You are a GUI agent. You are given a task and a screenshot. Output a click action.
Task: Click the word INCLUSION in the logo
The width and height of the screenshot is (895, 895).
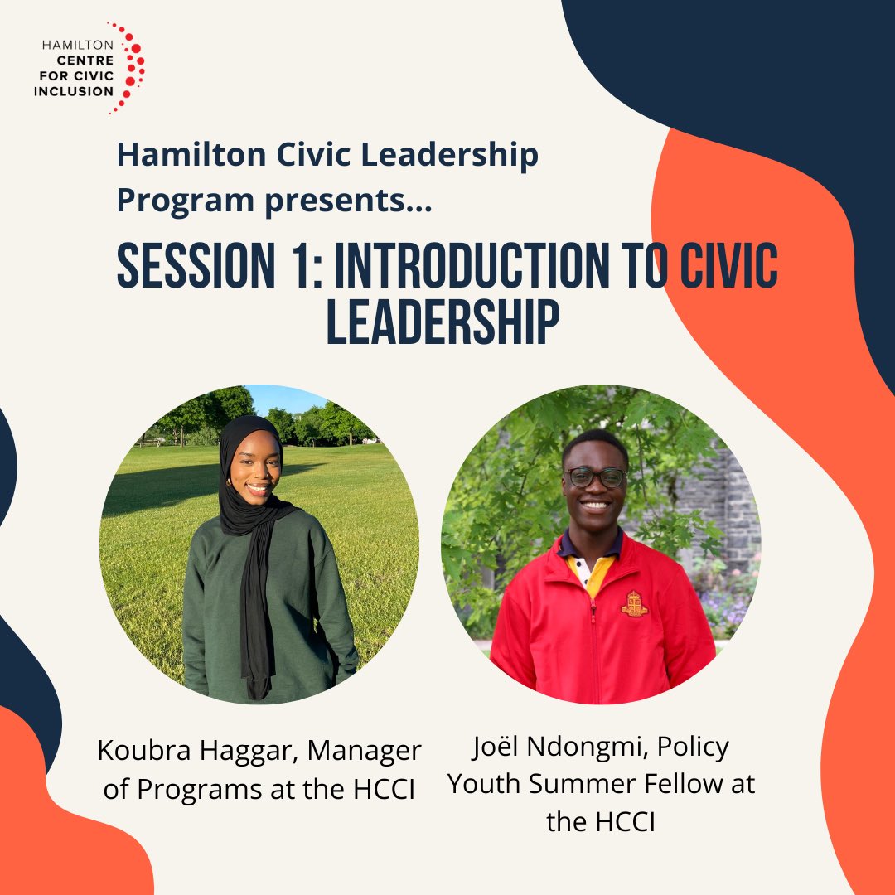(x=74, y=91)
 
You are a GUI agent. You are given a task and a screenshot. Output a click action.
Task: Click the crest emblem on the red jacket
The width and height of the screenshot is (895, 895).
(x=634, y=604)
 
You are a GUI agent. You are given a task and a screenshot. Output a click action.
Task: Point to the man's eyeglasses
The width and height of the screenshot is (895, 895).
(x=596, y=477)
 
